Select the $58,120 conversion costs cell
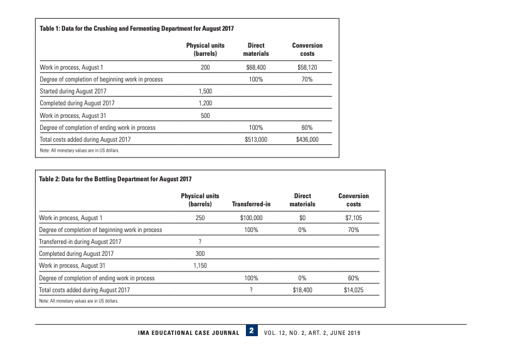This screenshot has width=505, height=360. pyautogui.click(x=307, y=66)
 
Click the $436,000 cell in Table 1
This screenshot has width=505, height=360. pyautogui.click(x=307, y=139)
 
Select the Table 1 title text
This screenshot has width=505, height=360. pyautogui.click(x=137, y=29)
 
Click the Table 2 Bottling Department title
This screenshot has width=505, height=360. pyautogui.click(x=115, y=179)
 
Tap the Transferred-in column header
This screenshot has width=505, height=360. pyautogui.click(x=251, y=204)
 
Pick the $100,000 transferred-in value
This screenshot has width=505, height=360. pyautogui.click(x=251, y=218)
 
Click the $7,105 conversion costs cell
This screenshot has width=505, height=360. pyautogui.click(x=354, y=218)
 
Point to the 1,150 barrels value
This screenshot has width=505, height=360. pyautogui.click(x=199, y=266)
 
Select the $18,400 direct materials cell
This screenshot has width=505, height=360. pyautogui.click(x=302, y=290)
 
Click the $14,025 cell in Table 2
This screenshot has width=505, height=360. pyautogui.click(x=354, y=290)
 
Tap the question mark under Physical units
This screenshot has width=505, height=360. pyautogui.click(x=199, y=241)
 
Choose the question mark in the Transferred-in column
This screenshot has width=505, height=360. pyautogui.click(x=251, y=290)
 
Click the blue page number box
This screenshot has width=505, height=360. pyautogui.click(x=251, y=331)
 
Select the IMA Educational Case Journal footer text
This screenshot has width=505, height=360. pyautogui.click(x=188, y=332)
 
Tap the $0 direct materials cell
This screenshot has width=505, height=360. pyautogui.click(x=302, y=218)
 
